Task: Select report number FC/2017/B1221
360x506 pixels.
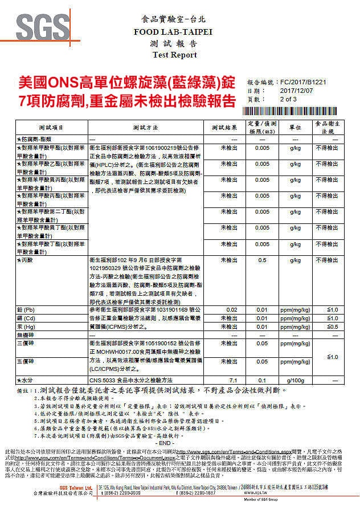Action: [x=304, y=83]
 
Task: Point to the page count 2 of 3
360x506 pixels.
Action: [x=289, y=99]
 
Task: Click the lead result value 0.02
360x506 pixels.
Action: [x=232, y=309]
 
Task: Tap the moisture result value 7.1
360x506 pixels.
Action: [x=232, y=379]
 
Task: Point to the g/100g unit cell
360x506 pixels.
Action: [x=295, y=379]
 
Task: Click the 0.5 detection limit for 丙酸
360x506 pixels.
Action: [x=263, y=260]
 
